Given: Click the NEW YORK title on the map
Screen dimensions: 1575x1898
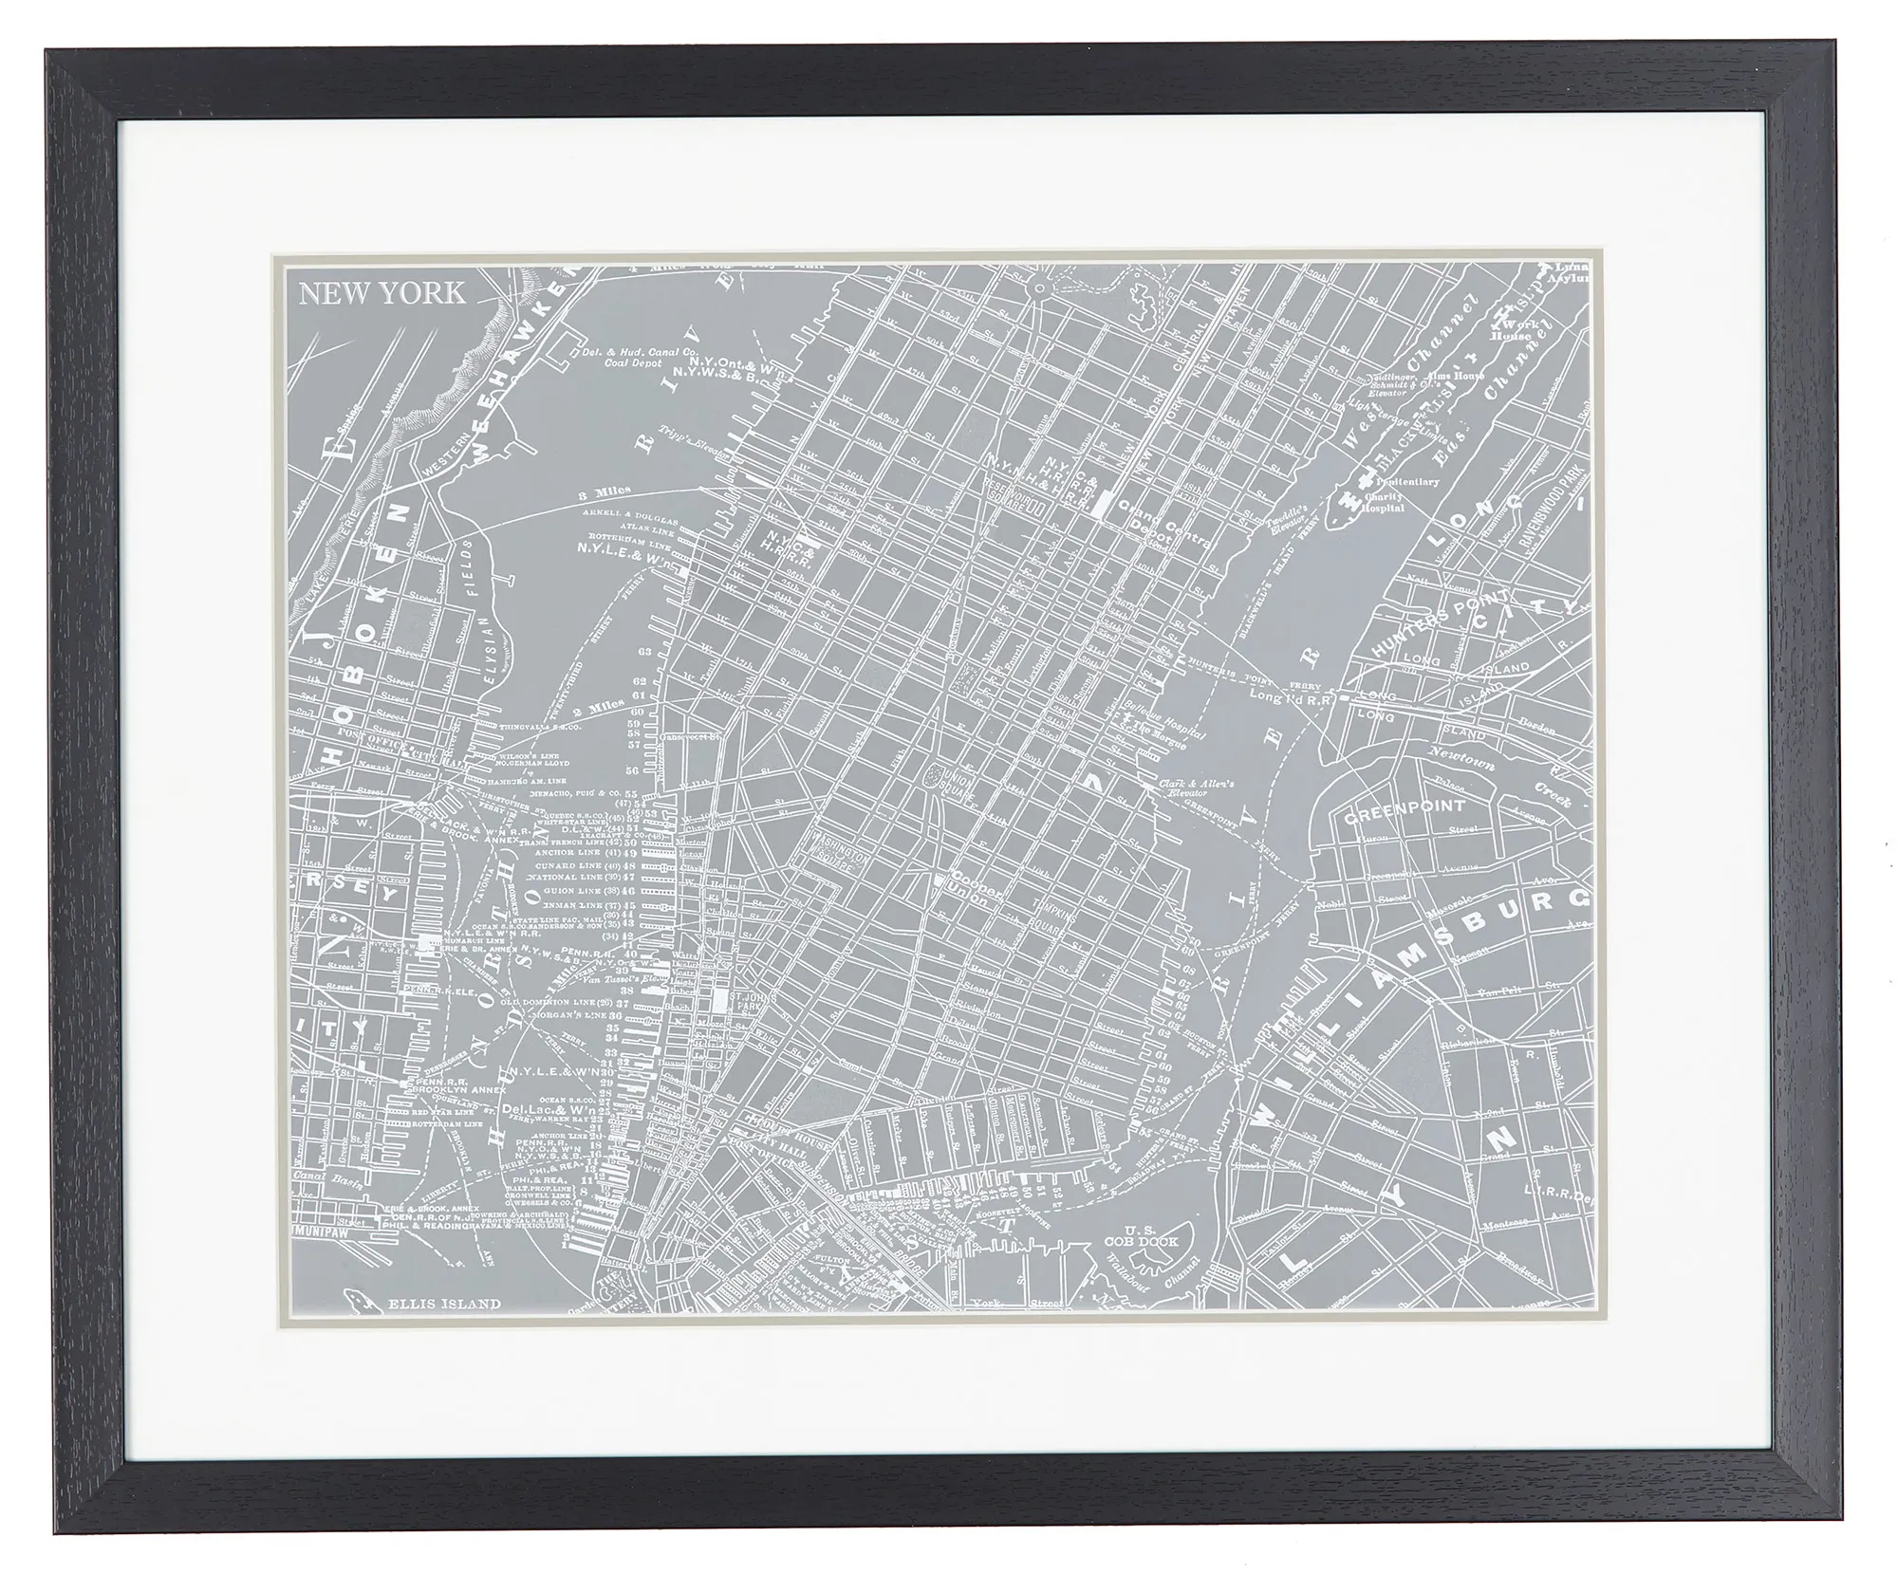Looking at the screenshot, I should click(x=382, y=292).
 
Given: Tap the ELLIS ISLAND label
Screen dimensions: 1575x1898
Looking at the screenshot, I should click(x=443, y=1304).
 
